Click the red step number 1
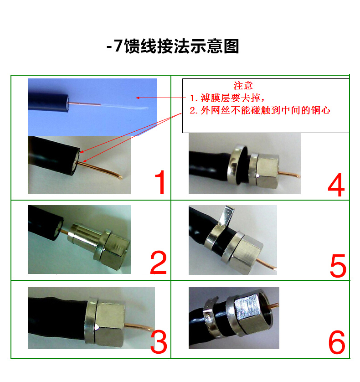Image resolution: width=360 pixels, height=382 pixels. click(160, 182)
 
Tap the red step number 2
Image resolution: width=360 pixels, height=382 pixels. click(159, 263)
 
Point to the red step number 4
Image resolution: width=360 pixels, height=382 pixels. click(336, 185)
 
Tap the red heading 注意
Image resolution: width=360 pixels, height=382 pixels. click(243, 86)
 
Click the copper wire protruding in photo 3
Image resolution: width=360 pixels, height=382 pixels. click(139, 327)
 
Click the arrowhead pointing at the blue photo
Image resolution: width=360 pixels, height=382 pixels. click(138, 98)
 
